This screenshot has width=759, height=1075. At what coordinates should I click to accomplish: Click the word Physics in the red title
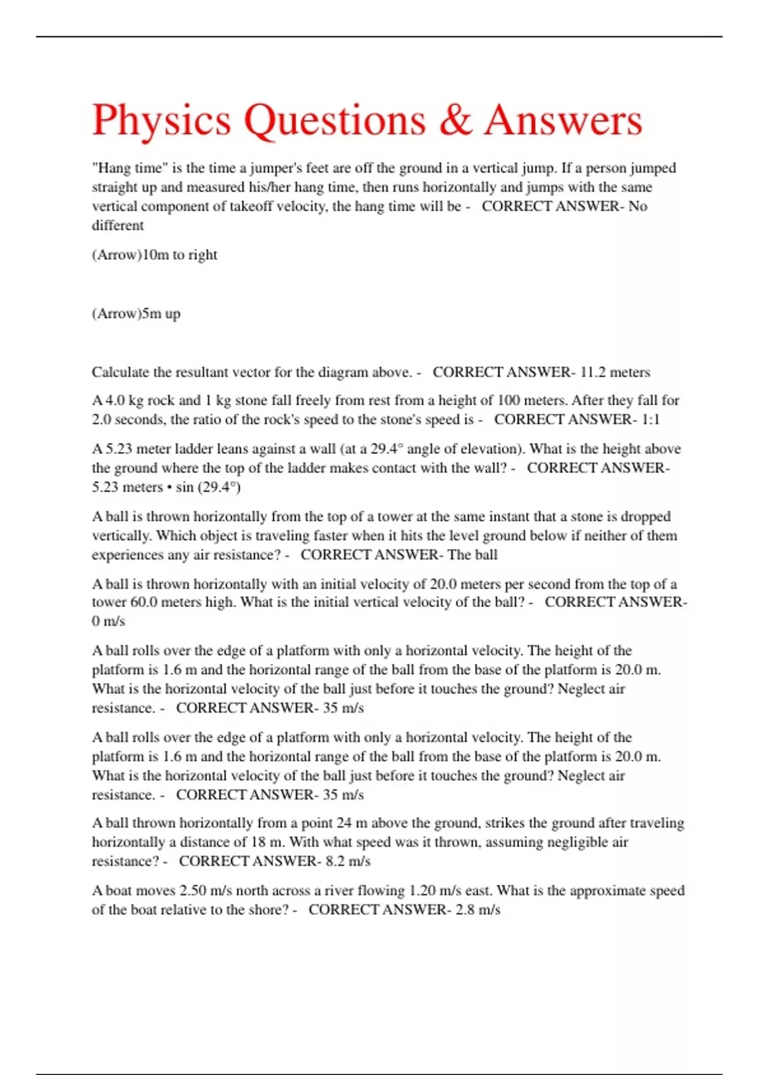pyautogui.click(x=161, y=120)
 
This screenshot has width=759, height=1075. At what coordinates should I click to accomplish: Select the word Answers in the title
pyautogui.click(x=563, y=120)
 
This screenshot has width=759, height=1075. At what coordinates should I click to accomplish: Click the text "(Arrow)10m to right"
pyautogui.click(x=154, y=255)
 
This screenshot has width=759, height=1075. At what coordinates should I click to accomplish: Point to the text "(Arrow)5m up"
pyautogui.click(x=136, y=314)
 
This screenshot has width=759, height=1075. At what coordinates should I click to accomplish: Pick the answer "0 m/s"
pyautogui.click(x=108, y=621)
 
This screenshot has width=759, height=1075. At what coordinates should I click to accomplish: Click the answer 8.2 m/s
pyautogui.click(x=348, y=861)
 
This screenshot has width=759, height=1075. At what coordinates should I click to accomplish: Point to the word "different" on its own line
pyautogui.click(x=118, y=226)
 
